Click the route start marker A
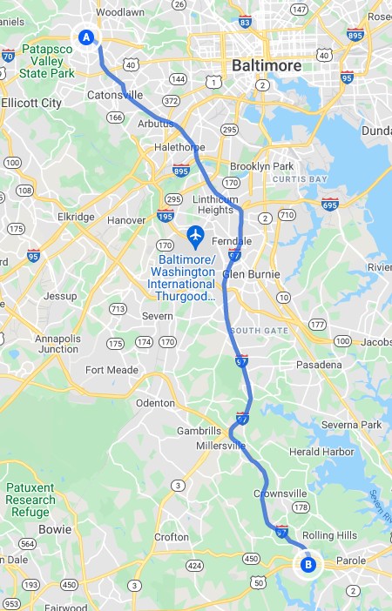pyautogui.click(x=85, y=37)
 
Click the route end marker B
pyautogui.click(x=307, y=565)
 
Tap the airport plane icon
pyautogui.click(x=195, y=235)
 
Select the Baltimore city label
pyautogui.click(x=266, y=65)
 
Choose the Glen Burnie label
pyautogui.click(x=252, y=274)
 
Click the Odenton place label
pyautogui.click(x=155, y=403)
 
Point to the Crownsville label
pyautogui.click(x=280, y=493)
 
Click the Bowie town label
pyautogui.click(x=55, y=528)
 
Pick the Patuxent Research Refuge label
pyautogui.click(x=30, y=500)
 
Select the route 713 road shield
pyautogui.click(x=118, y=308)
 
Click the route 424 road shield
pyautogui.click(x=194, y=565)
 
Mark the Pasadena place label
pyautogui.click(x=319, y=365)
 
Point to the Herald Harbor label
pyautogui.click(x=321, y=452)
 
